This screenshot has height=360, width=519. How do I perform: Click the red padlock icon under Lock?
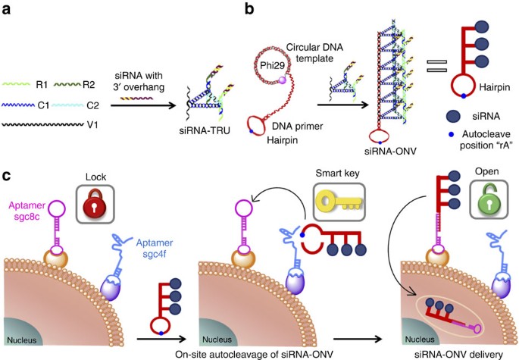click(95, 203)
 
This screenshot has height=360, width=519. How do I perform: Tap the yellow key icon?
click(339, 202)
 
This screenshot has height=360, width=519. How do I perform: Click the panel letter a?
click(6, 10)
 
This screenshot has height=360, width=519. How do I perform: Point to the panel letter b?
click(249, 8)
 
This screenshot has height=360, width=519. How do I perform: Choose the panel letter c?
click(7, 176)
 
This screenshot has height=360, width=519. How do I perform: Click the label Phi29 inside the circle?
click(272, 65)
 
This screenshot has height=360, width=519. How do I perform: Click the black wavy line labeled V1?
click(42, 124)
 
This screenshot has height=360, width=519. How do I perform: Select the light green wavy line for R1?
click(16, 84)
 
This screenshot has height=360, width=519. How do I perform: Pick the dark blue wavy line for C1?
click(18, 105)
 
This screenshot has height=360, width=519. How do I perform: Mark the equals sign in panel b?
click(436, 66)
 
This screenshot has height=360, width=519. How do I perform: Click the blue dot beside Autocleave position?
click(452, 135)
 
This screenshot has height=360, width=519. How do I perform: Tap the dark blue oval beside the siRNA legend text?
click(453, 116)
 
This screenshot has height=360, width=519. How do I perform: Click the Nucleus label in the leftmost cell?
click(22, 340)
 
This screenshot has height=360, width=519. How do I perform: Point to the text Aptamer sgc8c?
click(27, 211)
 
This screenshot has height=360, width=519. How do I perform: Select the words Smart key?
click(337, 173)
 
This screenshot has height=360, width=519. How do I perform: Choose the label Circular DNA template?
click(314, 52)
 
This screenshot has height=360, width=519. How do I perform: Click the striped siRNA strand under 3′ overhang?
click(136, 99)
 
